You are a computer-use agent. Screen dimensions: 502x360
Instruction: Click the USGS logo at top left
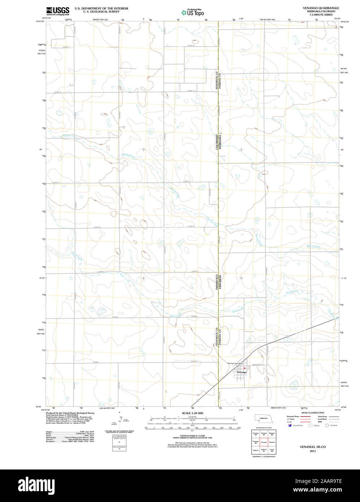tap(58, 11)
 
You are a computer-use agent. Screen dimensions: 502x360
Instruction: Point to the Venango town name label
tap(241, 372)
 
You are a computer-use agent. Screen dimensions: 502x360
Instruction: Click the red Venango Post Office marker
tap(244, 369)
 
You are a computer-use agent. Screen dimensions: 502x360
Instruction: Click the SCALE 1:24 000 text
tap(192, 413)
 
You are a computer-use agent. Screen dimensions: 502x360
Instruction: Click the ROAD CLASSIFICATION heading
tap(313, 413)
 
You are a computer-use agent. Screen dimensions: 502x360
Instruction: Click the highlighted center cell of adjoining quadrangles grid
tap(263, 442)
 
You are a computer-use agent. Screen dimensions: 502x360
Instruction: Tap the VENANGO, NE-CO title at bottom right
tap(313, 447)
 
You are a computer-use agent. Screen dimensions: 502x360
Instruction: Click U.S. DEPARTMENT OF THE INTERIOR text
tap(101, 8)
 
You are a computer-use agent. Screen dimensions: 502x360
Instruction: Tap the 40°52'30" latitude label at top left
tap(40, 22)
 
